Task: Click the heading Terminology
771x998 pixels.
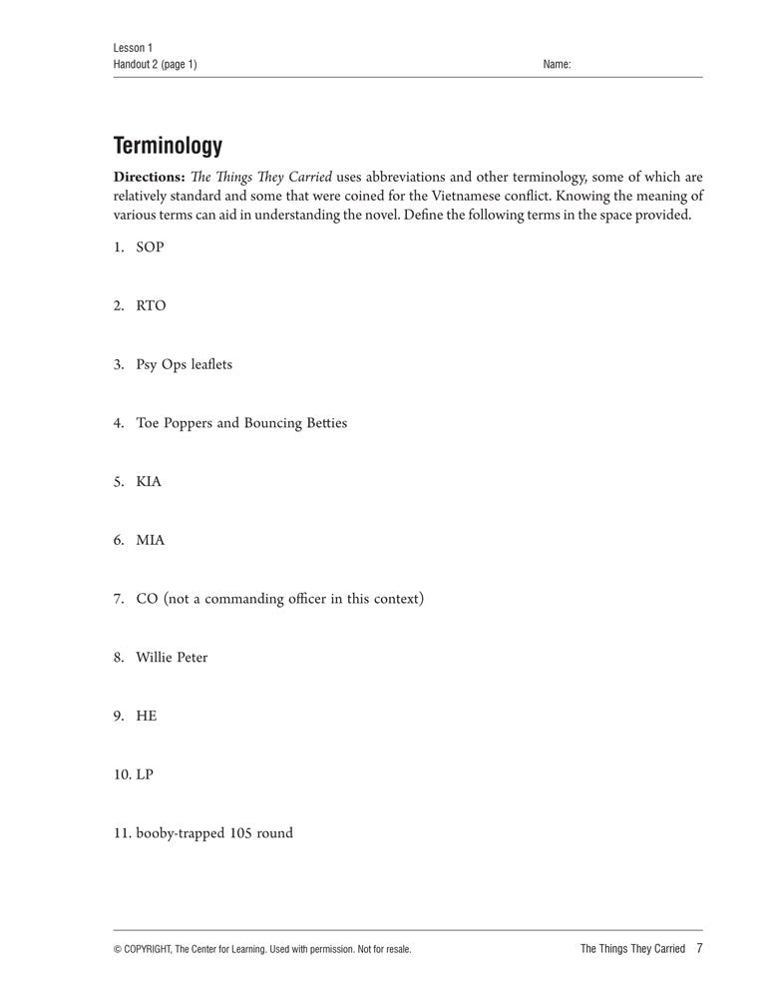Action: click(x=168, y=146)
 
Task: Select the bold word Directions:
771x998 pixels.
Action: click(x=150, y=178)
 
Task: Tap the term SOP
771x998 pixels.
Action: click(x=150, y=247)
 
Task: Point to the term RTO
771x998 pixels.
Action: click(x=151, y=305)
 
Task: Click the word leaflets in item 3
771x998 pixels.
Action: click(x=210, y=364)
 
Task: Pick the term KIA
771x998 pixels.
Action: click(x=149, y=481)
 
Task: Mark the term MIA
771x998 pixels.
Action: click(x=151, y=540)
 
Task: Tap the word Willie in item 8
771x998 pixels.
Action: click(x=154, y=658)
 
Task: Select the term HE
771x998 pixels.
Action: click(x=147, y=716)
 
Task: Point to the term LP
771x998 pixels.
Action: click(x=146, y=774)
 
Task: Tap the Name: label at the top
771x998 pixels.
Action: click(x=557, y=65)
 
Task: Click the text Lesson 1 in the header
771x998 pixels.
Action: click(x=133, y=48)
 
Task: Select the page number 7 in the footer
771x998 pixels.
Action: click(x=699, y=948)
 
